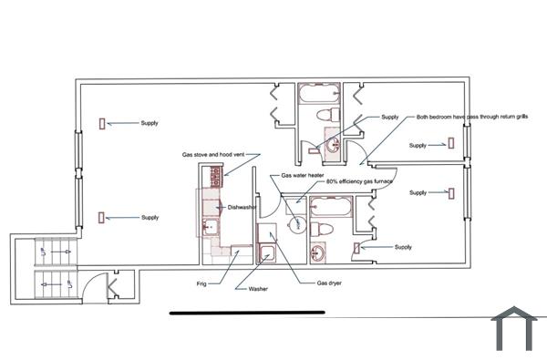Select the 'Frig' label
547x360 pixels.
(x=201, y=283)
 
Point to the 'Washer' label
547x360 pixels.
(x=258, y=290)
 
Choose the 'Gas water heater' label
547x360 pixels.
(x=304, y=174)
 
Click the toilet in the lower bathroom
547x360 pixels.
(x=318, y=228)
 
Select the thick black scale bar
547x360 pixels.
(x=247, y=313)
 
